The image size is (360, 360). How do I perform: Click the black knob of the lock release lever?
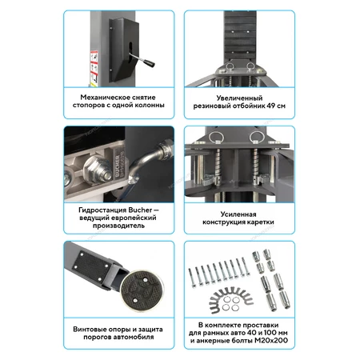point(149,63)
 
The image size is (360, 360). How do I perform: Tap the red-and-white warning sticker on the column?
point(94,67)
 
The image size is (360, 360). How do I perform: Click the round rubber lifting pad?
point(142,290)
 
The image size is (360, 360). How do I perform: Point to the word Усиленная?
point(238,214)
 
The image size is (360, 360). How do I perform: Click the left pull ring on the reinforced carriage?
point(216,138)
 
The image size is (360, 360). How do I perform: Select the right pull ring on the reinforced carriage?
point(257,138)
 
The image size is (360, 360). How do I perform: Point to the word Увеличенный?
point(239,98)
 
